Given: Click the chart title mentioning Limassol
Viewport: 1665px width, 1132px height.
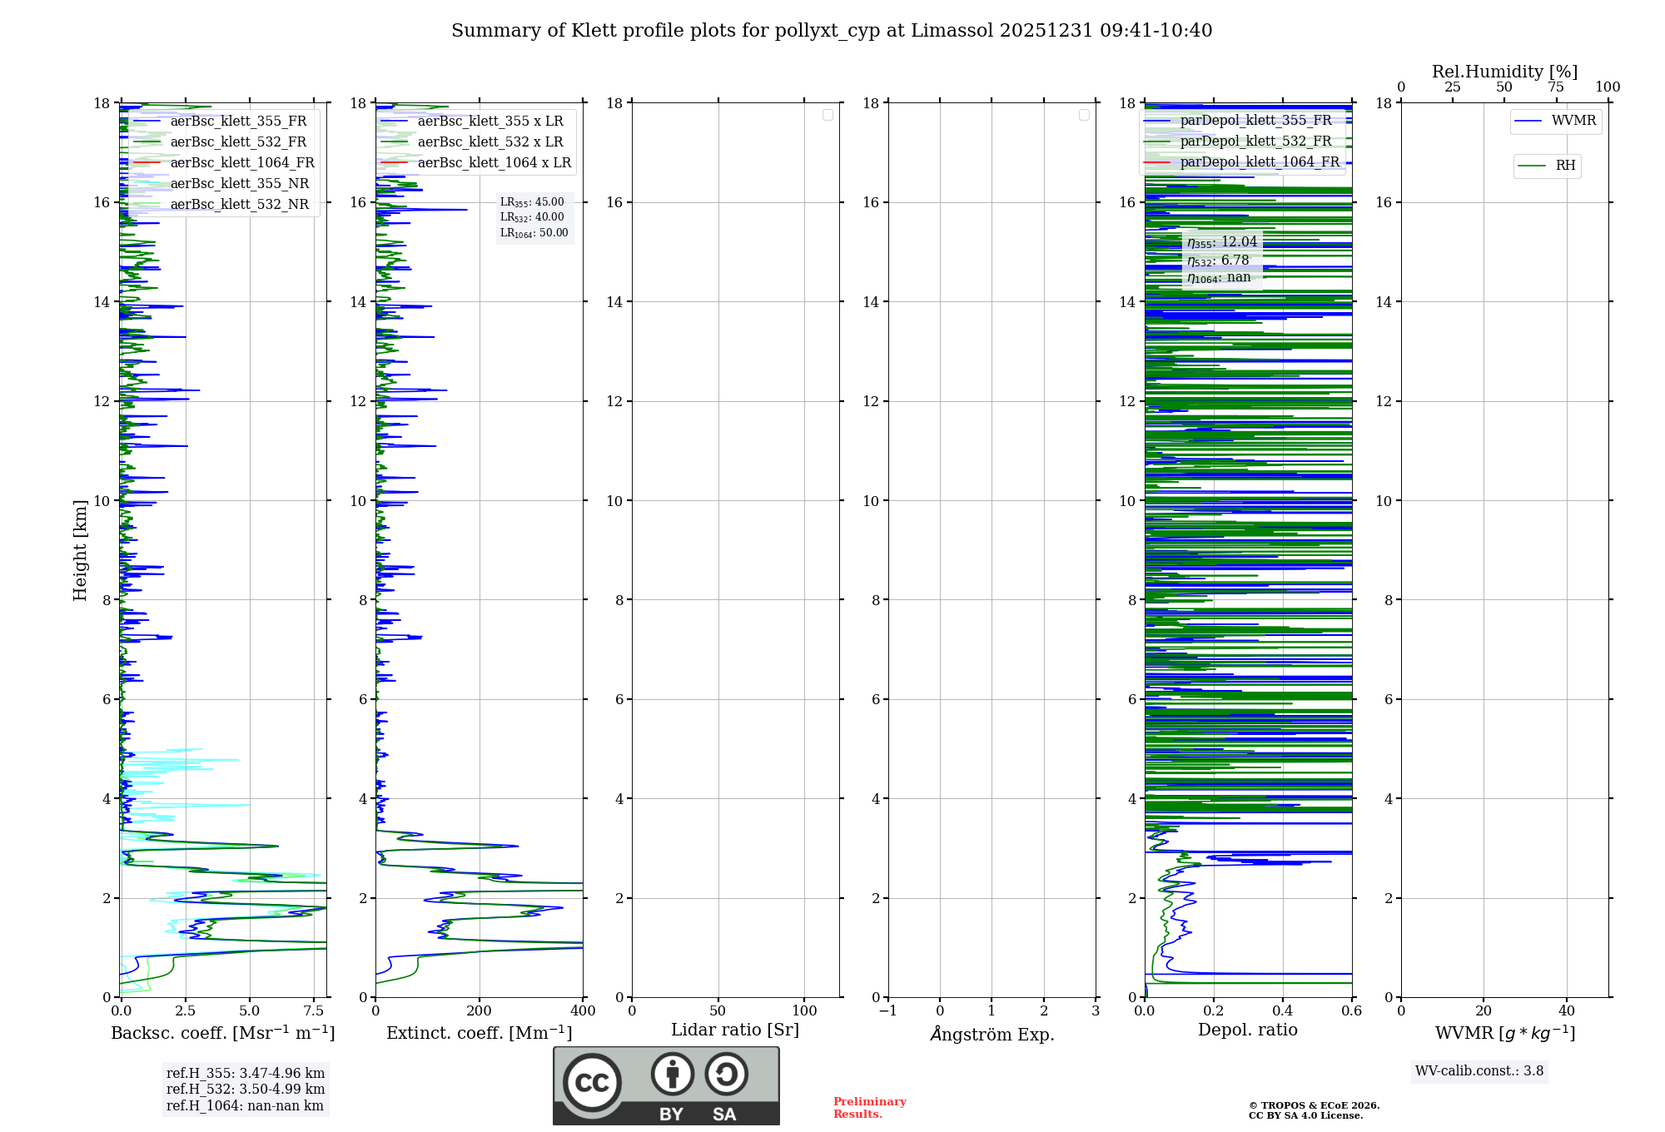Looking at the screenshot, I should (x=832, y=31).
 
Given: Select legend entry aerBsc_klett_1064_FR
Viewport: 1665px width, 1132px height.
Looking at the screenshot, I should (x=241, y=163).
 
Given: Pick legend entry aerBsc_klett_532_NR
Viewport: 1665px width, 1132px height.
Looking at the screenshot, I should (x=239, y=205).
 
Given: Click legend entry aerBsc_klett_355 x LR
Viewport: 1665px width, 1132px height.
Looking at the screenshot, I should (x=490, y=122).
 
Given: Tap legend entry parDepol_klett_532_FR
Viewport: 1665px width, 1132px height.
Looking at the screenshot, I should (x=1255, y=141).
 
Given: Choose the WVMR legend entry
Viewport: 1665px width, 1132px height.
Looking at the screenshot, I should (x=1573, y=121).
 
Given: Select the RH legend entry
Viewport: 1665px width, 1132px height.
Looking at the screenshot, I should (x=1564, y=166).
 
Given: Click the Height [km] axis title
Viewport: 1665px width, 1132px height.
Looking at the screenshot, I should (x=80, y=550).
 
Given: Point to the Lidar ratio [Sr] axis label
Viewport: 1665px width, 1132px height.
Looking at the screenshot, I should (x=735, y=1030).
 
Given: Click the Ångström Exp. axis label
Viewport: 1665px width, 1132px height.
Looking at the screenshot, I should (x=992, y=1035).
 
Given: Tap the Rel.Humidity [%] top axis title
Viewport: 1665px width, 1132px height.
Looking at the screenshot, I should (x=1504, y=72).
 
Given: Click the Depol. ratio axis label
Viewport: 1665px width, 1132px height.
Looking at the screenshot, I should (x=1247, y=1030).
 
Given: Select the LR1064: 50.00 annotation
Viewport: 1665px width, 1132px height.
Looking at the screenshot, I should (x=534, y=233).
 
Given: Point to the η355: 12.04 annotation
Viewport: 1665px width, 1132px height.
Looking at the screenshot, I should (x=1221, y=242).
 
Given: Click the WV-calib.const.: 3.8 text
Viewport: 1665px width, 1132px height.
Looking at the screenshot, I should (x=1479, y=1071).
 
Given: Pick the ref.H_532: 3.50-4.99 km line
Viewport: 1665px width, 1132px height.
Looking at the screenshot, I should (x=245, y=1090).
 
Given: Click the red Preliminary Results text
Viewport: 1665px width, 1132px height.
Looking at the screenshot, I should (x=869, y=1108).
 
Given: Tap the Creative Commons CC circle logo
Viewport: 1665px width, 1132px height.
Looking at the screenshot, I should (x=592, y=1083).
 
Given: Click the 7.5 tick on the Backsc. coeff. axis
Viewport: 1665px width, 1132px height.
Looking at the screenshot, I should (x=313, y=1011).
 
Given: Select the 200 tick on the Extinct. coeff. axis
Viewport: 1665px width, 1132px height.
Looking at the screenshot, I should (x=479, y=1011).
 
